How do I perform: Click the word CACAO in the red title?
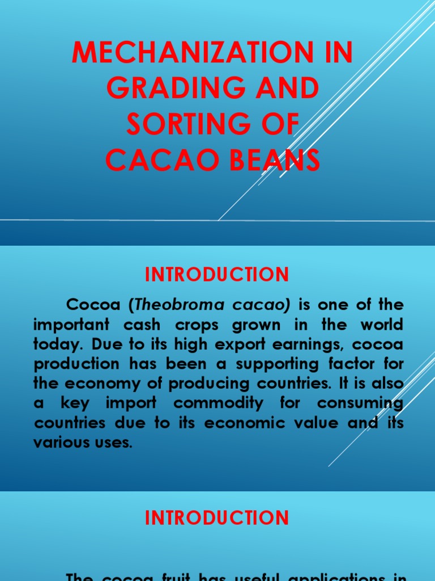click(159, 161)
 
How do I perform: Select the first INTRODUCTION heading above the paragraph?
click(217, 275)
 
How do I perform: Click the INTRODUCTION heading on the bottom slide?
click(217, 517)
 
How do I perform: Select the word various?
click(57, 443)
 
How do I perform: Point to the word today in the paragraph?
click(54, 345)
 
